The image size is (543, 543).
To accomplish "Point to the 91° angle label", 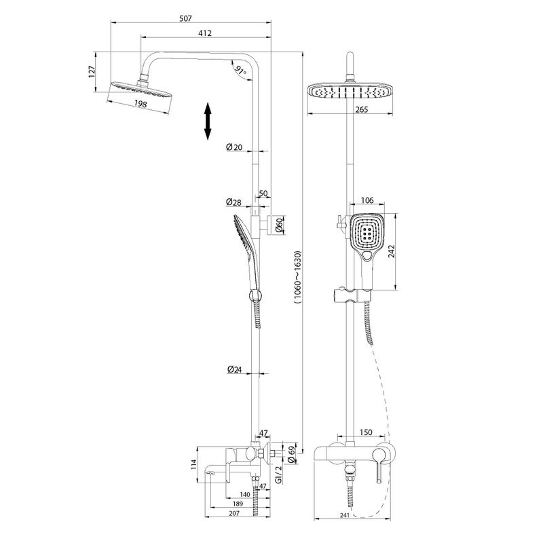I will [x=239, y=70].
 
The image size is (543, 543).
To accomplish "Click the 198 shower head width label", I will [x=141, y=104].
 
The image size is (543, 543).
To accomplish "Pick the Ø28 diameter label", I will [x=234, y=202].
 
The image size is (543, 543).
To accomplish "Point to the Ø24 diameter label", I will [x=234, y=370].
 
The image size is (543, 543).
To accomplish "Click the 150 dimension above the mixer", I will [x=365, y=432].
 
